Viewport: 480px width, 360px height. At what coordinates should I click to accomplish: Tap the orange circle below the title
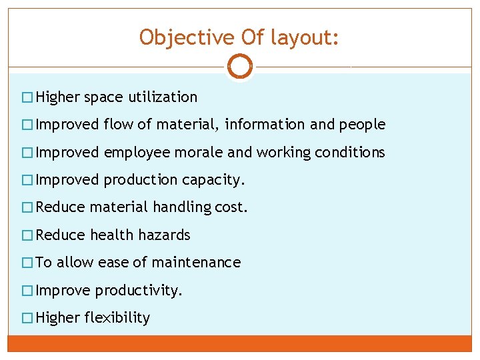pyautogui.click(x=239, y=66)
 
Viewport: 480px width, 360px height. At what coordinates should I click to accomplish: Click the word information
pyautogui.click(x=262, y=125)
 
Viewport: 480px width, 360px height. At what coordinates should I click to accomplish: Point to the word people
pyautogui.click(x=362, y=125)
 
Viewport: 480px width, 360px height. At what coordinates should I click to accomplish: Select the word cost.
pyautogui.click(x=231, y=207)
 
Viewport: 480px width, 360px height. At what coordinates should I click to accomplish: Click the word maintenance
pyautogui.click(x=196, y=263)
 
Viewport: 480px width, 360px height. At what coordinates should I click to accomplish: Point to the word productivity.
pyautogui.click(x=139, y=291)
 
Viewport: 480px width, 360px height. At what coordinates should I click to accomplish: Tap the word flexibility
pyautogui.click(x=117, y=318)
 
